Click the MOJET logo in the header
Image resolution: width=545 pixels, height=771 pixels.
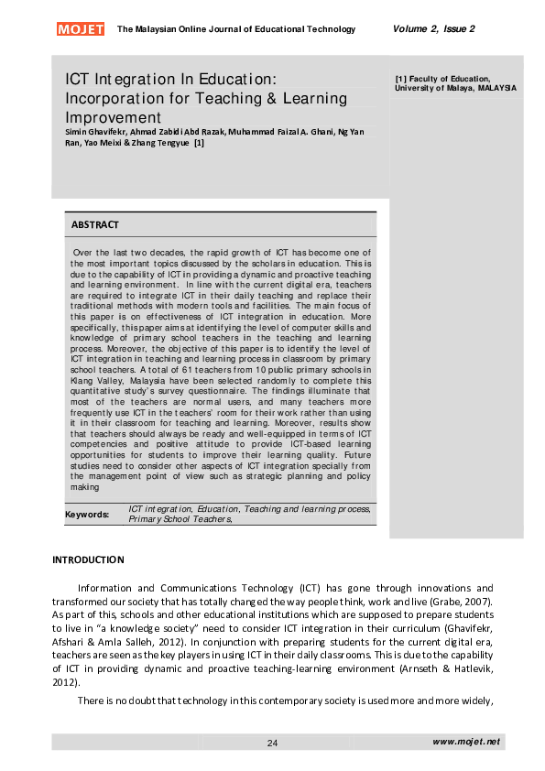click(x=81, y=29)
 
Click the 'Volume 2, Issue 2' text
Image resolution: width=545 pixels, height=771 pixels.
click(x=433, y=29)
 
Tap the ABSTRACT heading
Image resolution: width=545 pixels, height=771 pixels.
click(x=95, y=224)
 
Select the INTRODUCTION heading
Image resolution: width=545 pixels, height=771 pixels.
click(x=88, y=559)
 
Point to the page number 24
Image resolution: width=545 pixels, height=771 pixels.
click(x=272, y=743)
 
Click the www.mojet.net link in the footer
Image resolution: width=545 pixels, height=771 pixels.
click(x=466, y=742)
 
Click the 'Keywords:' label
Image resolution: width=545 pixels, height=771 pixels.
click(x=87, y=514)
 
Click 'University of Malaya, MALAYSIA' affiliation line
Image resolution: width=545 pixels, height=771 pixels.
click(x=455, y=88)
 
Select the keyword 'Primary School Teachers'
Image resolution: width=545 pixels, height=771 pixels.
click(x=179, y=518)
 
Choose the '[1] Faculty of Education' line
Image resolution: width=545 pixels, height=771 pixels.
click(x=442, y=79)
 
